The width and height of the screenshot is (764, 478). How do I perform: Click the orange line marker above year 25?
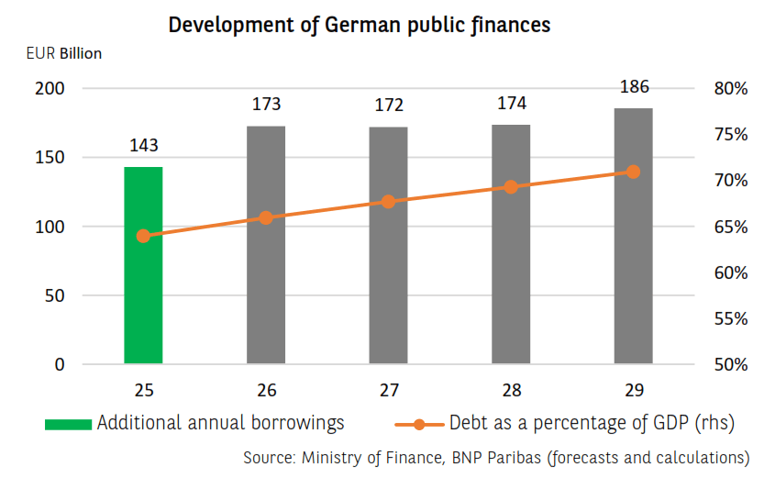coord(143,236)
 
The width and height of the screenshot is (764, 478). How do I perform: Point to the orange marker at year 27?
coord(388,201)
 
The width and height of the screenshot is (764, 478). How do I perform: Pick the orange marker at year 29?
coord(633,172)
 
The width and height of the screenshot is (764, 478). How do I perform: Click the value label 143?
coord(144,146)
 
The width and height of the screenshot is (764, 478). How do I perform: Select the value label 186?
coord(634,87)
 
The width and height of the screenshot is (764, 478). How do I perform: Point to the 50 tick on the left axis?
coord(54,295)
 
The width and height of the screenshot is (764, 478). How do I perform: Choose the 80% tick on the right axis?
coord(731,89)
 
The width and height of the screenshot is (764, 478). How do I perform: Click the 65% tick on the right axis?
coord(731,227)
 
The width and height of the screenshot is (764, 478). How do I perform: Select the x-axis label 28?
coord(512,390)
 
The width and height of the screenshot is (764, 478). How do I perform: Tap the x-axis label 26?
coord(267,390)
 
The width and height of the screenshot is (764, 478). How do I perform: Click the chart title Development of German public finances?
coord(360,25)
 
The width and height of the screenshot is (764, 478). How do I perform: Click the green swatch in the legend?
coord(68,424)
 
